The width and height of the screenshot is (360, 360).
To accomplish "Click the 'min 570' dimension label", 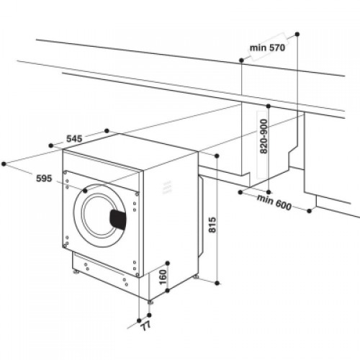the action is click(x=267, y=48).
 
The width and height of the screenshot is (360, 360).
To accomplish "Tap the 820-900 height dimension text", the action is click(x=264, y=136).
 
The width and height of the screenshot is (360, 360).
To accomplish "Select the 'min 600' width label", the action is click(x=274, y=202).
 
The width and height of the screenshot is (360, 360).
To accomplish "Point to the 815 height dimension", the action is click(x=212, y=225).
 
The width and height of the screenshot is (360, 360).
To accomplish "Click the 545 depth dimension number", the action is click(x=74, y=138).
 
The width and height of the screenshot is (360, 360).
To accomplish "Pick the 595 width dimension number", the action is click(x=44, y=179).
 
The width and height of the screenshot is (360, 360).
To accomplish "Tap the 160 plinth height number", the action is click(x=163, y=277).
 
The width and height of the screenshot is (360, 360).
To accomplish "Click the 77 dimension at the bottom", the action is click(x=145, y=326).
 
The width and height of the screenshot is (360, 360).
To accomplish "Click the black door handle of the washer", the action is click(x=118, y=220).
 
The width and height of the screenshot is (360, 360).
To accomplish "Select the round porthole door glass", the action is click(x=99, y=215).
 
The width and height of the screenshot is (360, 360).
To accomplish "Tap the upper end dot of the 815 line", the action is click(x=217, y=156).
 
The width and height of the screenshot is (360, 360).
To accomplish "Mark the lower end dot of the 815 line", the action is click(x=217, y=283).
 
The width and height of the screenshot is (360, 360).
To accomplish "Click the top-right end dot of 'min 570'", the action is click(x=297, y=34).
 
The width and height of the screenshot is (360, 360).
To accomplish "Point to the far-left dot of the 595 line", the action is click(x=4, y=164).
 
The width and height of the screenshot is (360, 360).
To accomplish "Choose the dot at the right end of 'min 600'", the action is click(x=310, y=211).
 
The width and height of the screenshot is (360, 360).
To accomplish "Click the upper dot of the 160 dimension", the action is click(x=168, y=264).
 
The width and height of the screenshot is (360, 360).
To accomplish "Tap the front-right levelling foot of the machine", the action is click(x=150, y=302).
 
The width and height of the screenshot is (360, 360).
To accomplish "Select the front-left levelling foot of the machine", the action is click(x=76, y=272).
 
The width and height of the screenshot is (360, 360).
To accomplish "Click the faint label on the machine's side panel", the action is click(x=168, y=188).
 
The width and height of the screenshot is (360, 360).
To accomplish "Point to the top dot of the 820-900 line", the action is click(x=269, y=106).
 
